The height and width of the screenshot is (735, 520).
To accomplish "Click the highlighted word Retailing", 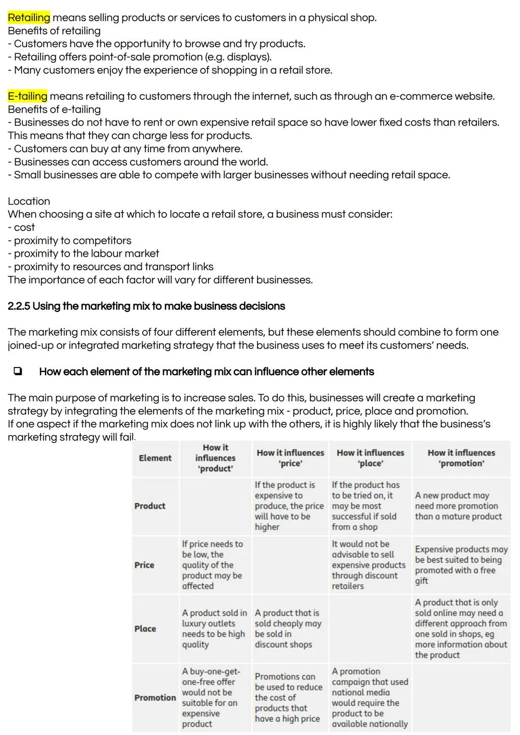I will click(x=29, y=18).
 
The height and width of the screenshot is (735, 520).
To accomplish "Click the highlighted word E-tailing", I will click(x=27, y=96).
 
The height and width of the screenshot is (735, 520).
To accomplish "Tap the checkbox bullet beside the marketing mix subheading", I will click(x=18, y=371).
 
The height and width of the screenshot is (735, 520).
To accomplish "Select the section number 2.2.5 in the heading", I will click(x=18, y=306).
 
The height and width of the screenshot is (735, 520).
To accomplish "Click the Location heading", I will click(x=29, y=201).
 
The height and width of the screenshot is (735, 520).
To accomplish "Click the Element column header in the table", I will click(x=155, y=458).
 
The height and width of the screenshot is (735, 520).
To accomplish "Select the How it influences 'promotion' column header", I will click(x=461, y=458).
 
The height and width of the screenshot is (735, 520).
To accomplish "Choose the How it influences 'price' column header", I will click(x=290, y=458).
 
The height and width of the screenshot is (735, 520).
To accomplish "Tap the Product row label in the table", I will click(x=150, y=506).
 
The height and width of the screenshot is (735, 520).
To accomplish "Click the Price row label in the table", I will click(x=144, y=565).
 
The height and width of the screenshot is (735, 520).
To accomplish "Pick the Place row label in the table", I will click(x=145, y=629).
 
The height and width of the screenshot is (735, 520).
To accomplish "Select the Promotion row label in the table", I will click(x=155, y=697).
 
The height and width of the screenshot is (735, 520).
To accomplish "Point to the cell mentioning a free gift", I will click(x=461, y=565).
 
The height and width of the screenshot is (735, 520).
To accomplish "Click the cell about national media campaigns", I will click(x=369, y=697).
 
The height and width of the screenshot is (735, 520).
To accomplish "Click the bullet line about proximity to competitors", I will click(x=72, y=241).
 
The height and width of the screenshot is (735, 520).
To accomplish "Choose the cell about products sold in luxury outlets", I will click(x=214, y=629).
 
